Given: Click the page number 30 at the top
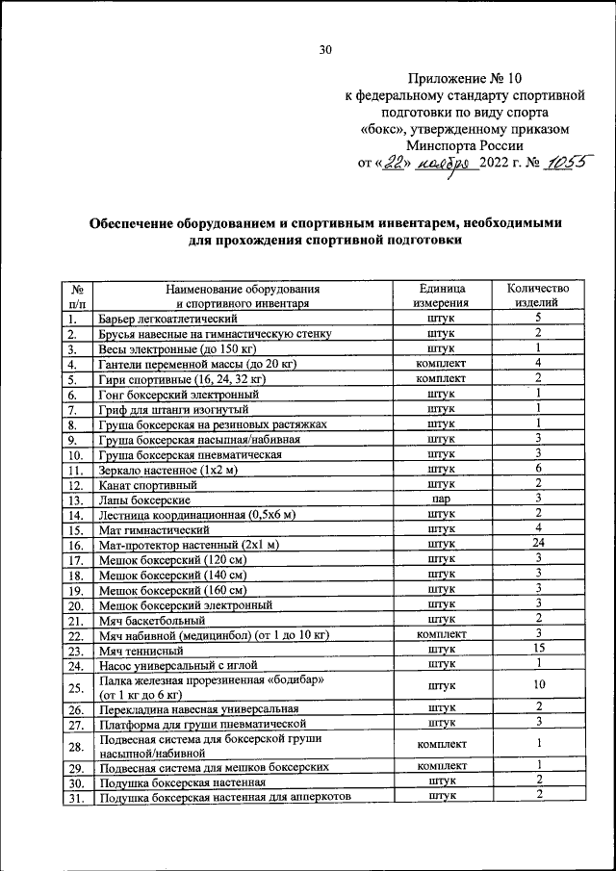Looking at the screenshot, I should pos(325,52).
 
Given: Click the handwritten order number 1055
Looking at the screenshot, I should pos(567,163).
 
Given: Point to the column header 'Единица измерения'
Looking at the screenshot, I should pos(441,295).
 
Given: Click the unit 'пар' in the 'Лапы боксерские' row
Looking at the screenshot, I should pos(441,500).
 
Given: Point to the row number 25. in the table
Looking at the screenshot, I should pos(75,686).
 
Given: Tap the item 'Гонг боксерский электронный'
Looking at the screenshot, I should pos(178,394).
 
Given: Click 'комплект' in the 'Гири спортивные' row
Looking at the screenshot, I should pos(441,378).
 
